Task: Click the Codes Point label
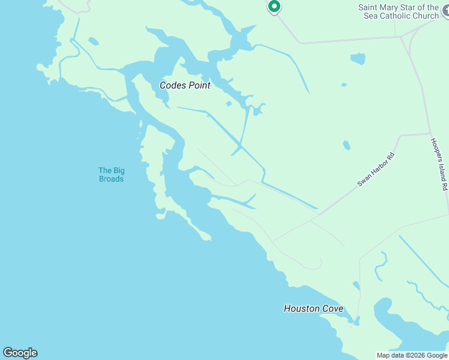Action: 185,86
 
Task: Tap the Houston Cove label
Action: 313,309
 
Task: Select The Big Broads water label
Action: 111,175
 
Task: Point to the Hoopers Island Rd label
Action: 439,164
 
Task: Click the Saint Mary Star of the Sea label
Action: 399,11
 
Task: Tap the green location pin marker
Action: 274,7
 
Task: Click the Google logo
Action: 20,353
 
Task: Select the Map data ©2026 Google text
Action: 412,355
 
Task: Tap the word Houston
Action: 302,309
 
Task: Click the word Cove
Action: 333,309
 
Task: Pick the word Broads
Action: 111,179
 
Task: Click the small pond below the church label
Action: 358,59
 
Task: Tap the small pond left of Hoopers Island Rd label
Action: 346,145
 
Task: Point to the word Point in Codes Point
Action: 199,86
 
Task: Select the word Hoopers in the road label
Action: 436,150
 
